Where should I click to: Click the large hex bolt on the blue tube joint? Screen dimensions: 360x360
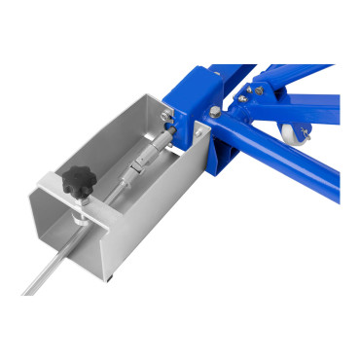point(213,118)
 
